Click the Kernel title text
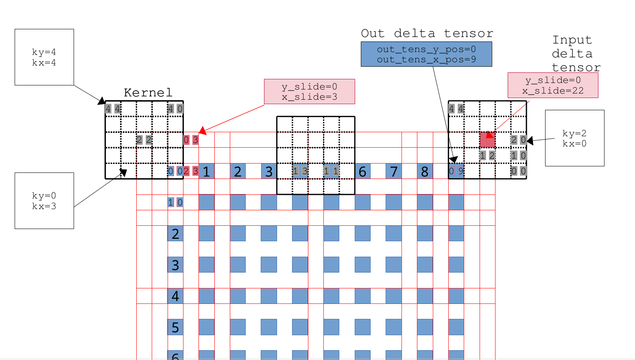(148, 93)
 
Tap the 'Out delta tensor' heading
(427, 33)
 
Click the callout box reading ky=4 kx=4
(44, 57)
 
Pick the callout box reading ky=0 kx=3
(44, 201)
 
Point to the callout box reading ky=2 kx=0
(574, 138)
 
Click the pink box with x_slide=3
(310, 92)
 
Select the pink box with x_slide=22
(553, 85)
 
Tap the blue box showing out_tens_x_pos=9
(426, 54)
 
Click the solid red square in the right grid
(487, 140)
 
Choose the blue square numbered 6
(362, 171)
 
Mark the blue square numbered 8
(425, 171)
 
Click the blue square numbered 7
(393, 171)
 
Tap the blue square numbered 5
(175, 327)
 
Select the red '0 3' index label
(191, 140)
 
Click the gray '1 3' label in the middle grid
(300, 171)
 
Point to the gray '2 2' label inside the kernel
(144, 140)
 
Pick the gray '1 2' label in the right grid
(487, 155)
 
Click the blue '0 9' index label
(456, 171)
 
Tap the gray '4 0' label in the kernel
(175, 109)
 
